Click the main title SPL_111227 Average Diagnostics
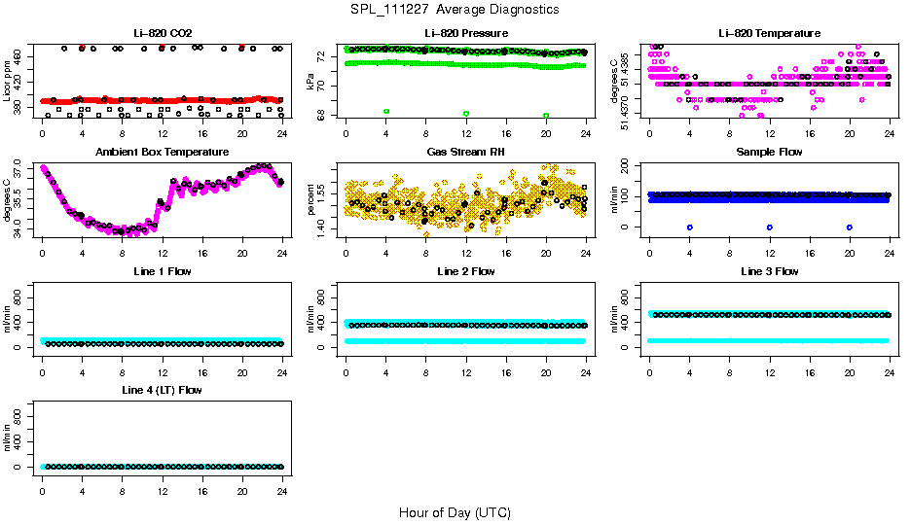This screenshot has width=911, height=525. tap(455, 9)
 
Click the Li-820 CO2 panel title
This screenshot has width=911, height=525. tap(162, 34)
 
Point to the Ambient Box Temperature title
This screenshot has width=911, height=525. tap(162, 153)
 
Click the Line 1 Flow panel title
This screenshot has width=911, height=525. tap(162, 271)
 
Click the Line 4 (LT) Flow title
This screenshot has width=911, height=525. tap(162, 390)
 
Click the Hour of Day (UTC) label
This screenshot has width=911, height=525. tap(455, 511)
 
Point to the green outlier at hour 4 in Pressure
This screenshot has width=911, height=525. tap(386, 112)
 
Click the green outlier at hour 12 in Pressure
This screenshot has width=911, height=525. tap(466, 114)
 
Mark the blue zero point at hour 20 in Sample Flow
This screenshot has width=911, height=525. tap(850, 227)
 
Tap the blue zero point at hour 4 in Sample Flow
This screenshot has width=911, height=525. tap(689, 227)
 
